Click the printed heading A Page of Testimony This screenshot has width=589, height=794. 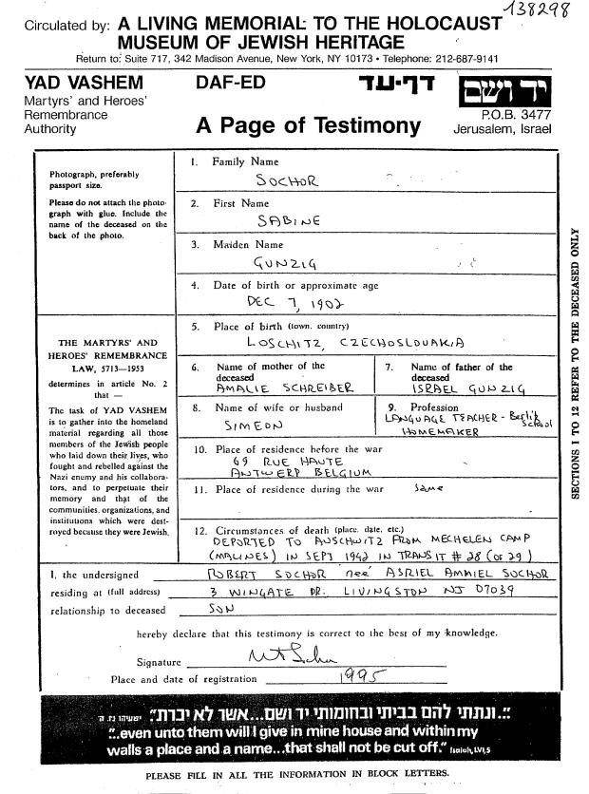[308, 125]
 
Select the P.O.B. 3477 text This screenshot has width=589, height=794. [517, 112]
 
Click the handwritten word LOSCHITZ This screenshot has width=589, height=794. [283, 344]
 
